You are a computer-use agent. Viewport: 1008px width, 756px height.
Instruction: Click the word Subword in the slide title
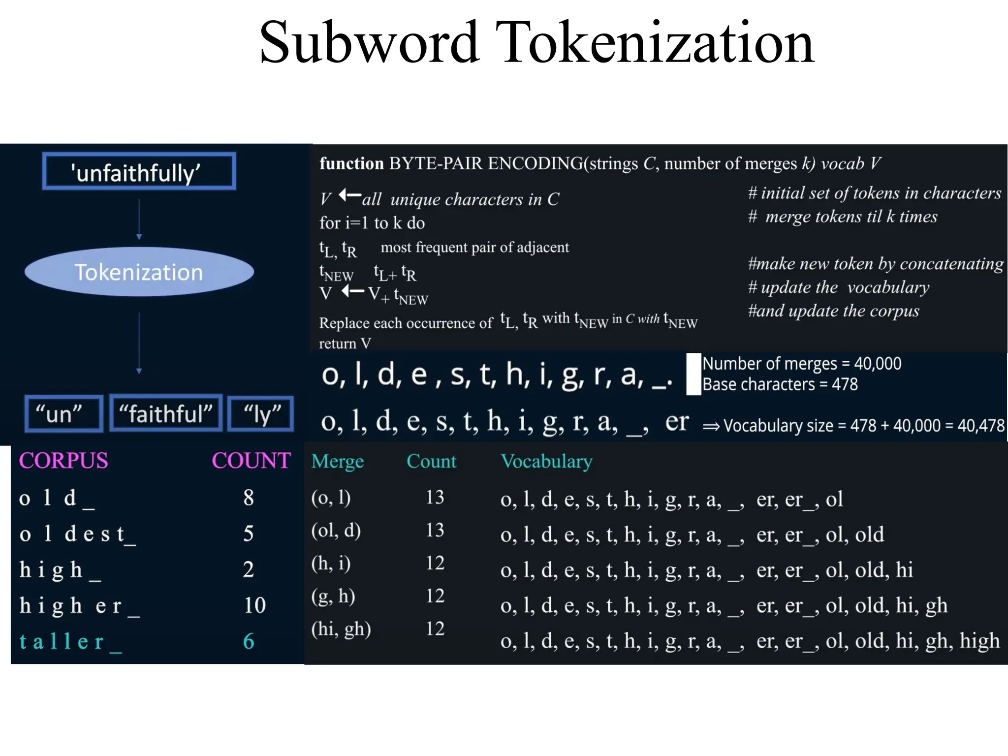coord(369,43)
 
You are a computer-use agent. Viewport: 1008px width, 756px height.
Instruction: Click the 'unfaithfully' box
coord(139,171)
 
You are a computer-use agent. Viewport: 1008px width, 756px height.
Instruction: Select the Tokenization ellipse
coord(139,272)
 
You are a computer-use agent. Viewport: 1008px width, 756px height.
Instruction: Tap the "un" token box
coord(63,413)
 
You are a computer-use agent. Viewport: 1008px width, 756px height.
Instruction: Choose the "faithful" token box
coord(166,413)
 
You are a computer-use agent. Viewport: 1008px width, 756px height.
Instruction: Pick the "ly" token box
coord(261,413)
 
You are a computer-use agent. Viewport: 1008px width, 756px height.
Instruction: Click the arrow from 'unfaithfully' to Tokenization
coord(139,219)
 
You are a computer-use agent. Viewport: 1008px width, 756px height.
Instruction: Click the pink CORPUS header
coord(63,461)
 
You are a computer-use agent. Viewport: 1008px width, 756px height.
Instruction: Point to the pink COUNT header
coord(251,461)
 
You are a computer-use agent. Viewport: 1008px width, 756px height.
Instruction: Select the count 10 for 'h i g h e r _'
coord(254,605)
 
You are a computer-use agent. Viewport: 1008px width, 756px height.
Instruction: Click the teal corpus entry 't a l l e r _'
coord(70,641)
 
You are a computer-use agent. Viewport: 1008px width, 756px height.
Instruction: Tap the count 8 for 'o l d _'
coord(249,498)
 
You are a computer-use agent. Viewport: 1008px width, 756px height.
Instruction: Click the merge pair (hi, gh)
coord(341,629)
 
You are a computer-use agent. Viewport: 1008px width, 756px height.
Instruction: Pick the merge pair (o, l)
coord(331,498)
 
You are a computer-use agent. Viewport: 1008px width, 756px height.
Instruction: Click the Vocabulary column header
coord(546,461)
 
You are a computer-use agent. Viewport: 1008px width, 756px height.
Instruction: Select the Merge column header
coord(337,461)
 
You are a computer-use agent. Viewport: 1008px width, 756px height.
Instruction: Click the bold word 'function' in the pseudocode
coord(351,163)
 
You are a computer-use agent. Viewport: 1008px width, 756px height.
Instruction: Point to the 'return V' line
coord(345,343)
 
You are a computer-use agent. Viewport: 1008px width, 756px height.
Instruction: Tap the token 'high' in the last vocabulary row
coord(979,641)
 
